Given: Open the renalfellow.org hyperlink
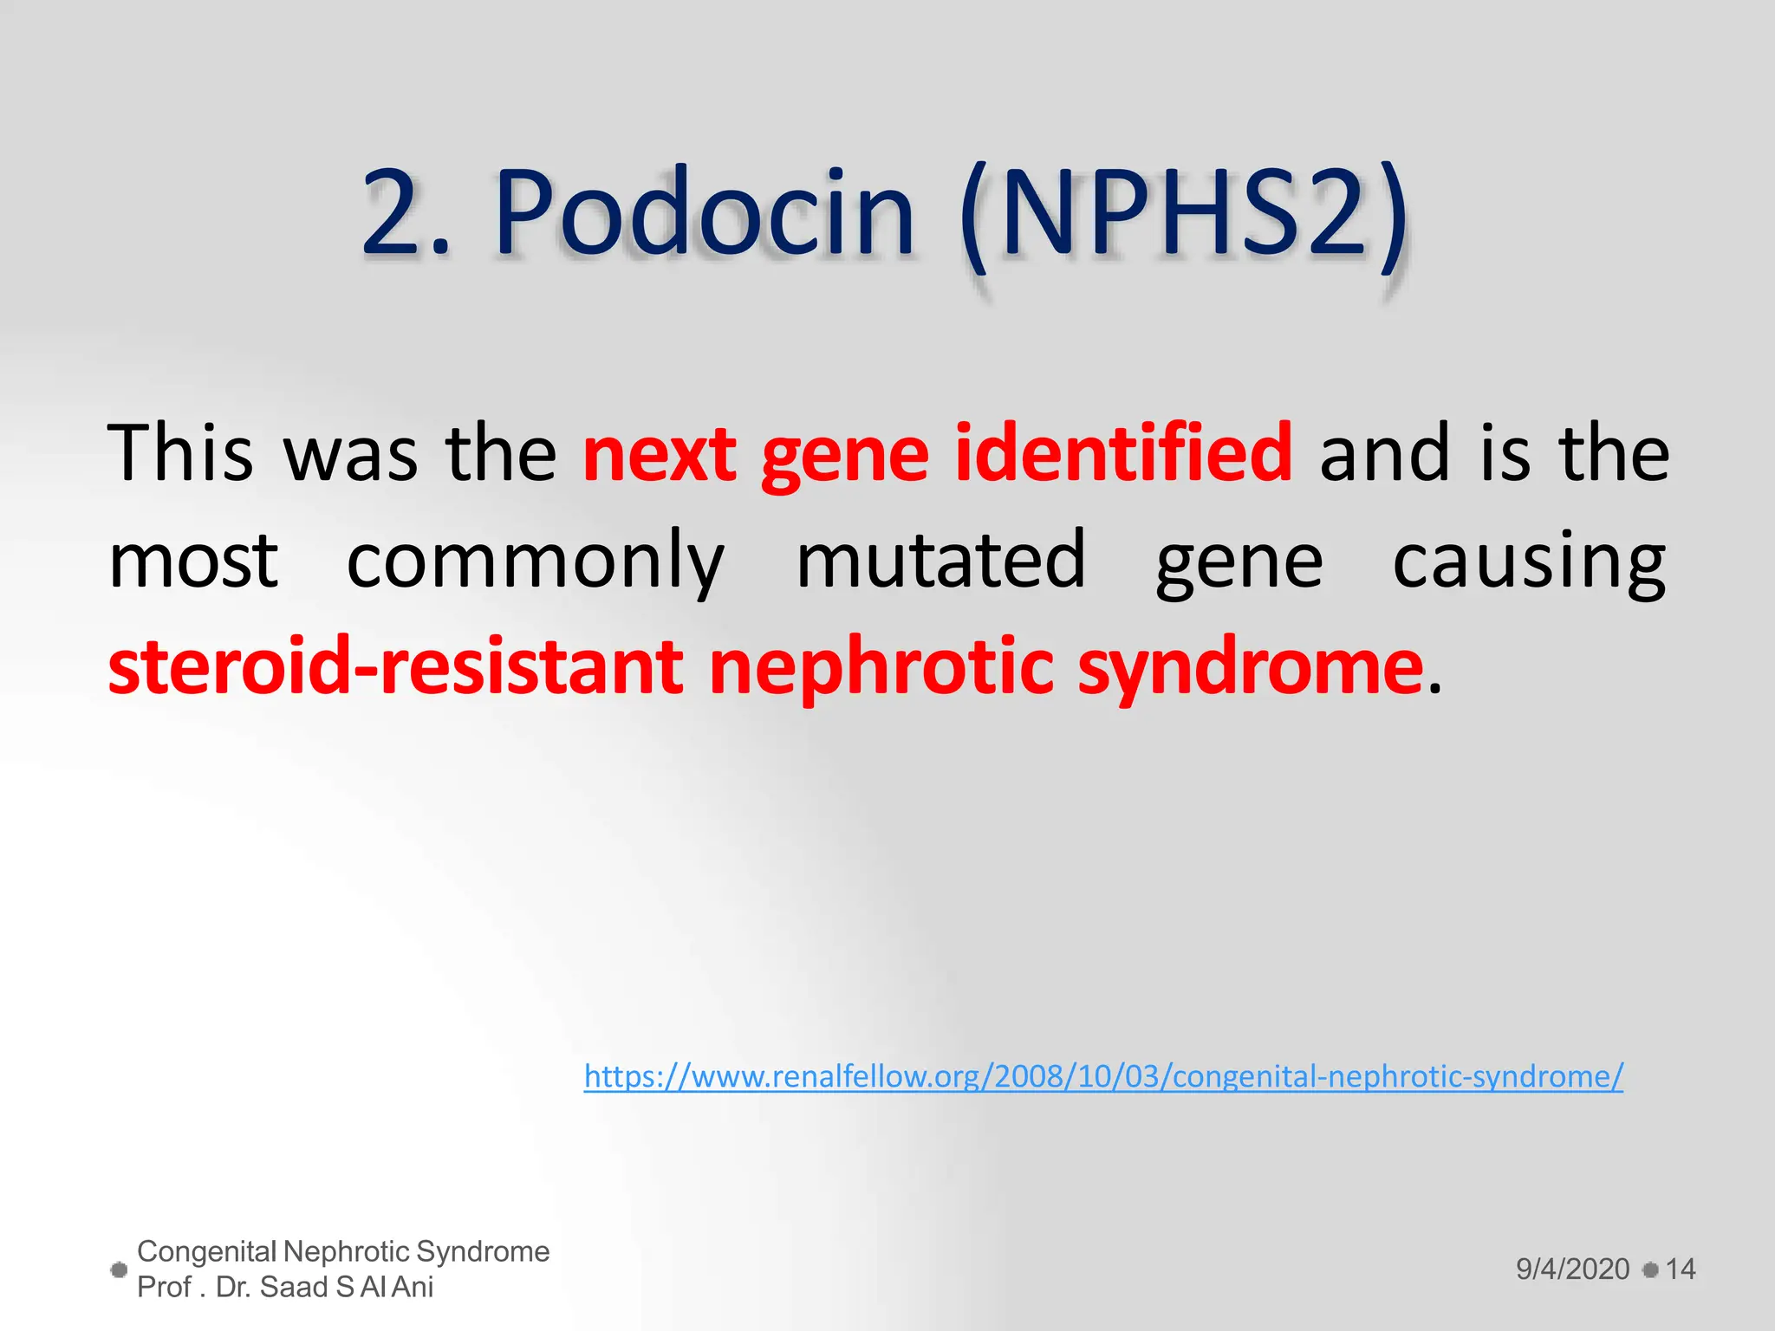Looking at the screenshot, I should click(x=1102, y=1076).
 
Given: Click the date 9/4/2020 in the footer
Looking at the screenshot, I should click(x=1572, y=1269).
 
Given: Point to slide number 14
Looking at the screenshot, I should click(x=1680, y=1269).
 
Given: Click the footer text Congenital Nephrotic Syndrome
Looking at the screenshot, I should click(x=343, y=1251).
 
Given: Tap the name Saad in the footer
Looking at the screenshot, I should click(x=294, y=1288).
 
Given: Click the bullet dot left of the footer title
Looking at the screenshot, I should click(x=120, y=1270).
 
